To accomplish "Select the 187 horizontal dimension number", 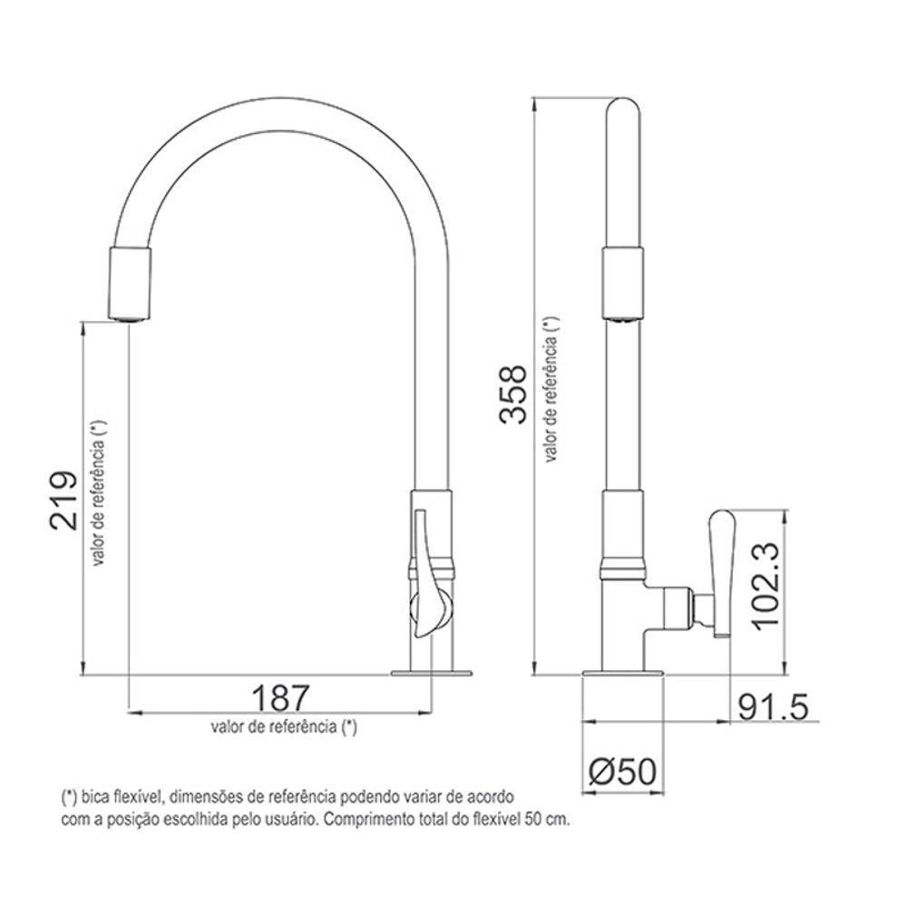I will (x=279, y=698).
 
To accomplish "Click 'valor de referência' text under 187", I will (x=283, y=727).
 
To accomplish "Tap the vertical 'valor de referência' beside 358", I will (x=551, y=390).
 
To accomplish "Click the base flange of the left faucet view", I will (x=432, y=673).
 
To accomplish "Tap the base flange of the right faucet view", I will (x=623, y=673).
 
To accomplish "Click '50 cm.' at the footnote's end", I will (x=552, y=818).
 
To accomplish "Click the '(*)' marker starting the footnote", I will (x=69, y=798).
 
